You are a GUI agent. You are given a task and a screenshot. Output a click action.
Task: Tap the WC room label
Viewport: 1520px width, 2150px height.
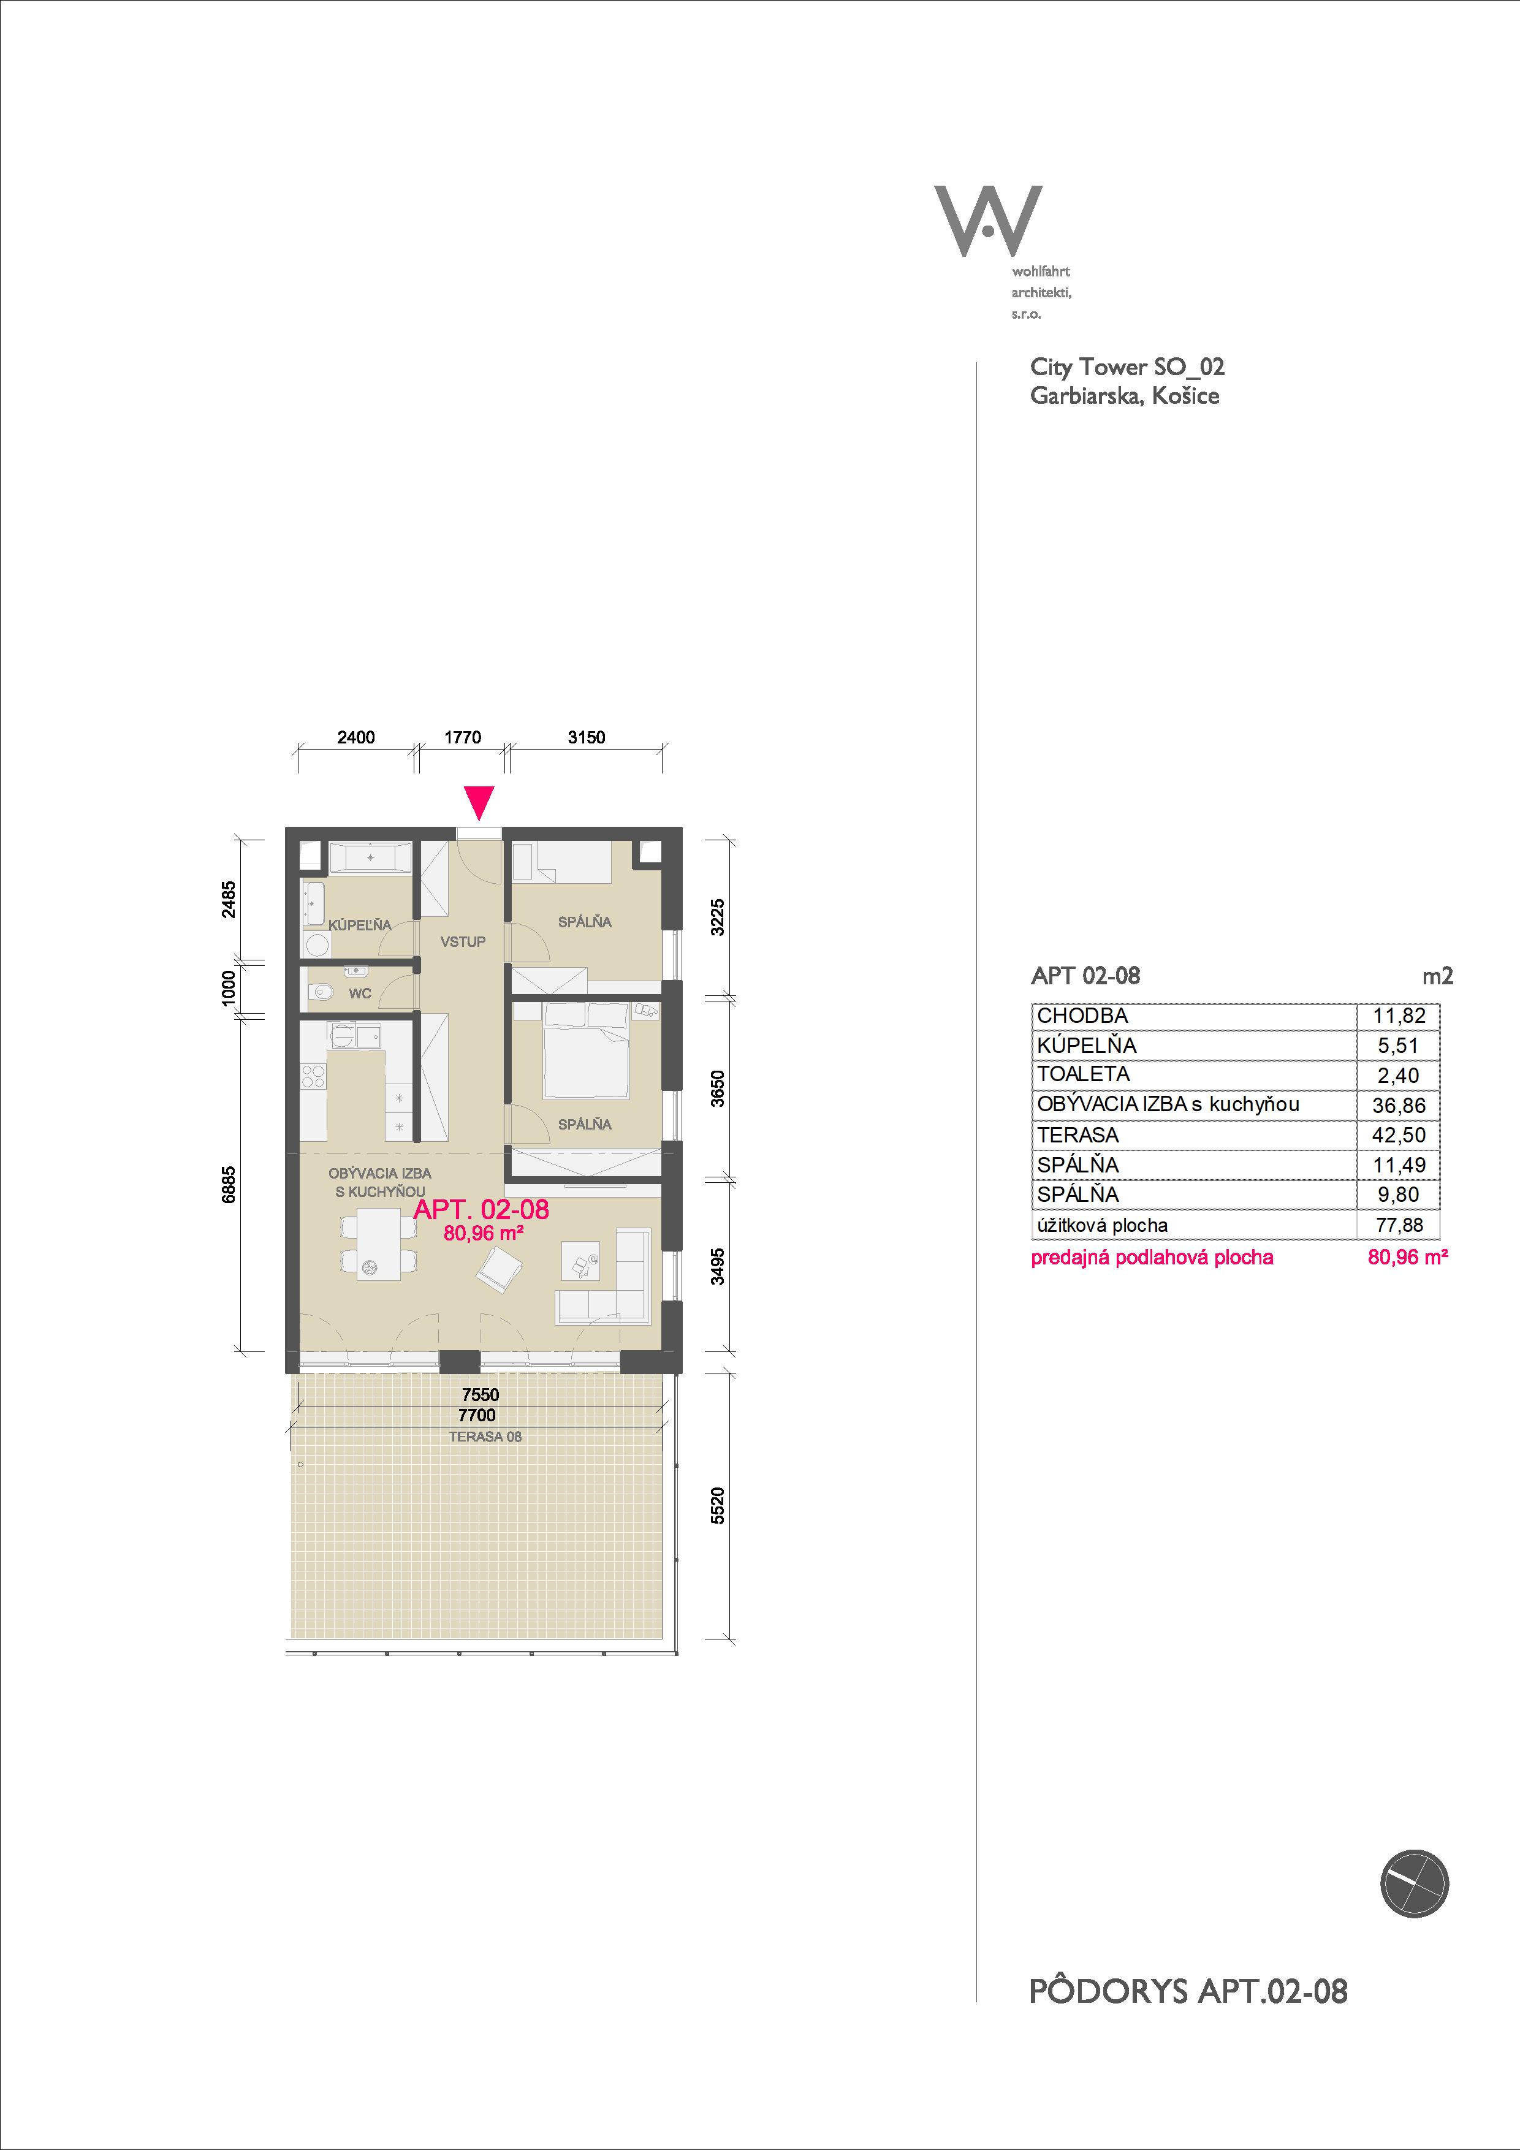pyautogui.click(x=360, y=993)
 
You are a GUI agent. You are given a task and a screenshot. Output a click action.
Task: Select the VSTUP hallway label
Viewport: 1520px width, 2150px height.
pyautogui.click(x=463, y=941)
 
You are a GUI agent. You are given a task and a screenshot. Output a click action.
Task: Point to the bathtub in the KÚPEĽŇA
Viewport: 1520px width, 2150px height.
pyautogui.click(x=371, y=857)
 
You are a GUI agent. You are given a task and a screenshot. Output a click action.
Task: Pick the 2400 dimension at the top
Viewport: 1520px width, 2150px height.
pyautogui.click(x=356, y=737)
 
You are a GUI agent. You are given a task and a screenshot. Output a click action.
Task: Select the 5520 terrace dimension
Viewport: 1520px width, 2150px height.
pyautogui.click(x=717, y=1506)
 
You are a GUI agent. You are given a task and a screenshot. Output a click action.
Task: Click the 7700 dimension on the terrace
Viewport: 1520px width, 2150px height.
pyautogui.click(x=477, y=1415)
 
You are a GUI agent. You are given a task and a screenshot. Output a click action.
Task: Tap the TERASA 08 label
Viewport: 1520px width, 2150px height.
pyautogui.click(x=485, y=1437)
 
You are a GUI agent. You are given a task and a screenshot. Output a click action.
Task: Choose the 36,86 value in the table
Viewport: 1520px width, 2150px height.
pyautogui.click(x=1398, y=1106)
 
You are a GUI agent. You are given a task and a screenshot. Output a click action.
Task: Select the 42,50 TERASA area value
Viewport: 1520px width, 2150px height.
pyautogui.click(x=1398, y=1136)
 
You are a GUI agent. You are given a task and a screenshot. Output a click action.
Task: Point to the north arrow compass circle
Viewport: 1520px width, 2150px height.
pyautogui.click(x=1414, y=1884)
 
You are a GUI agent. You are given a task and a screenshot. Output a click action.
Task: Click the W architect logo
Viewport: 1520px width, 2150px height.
pyautogui.click(x=988, y=221)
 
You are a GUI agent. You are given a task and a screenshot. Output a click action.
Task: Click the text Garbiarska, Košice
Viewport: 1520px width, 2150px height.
pyautogui.click(x=1125, y=395)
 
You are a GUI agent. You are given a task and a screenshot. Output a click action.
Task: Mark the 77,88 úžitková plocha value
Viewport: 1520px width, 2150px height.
pyautogui.click(x=1398, y=1225)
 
